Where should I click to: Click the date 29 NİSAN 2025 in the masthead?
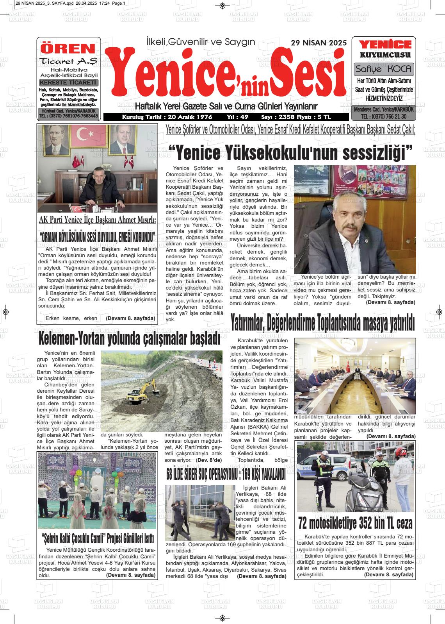pos(319,43)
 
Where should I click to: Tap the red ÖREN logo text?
pos(68,48)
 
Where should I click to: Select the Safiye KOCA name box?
pos(384,69)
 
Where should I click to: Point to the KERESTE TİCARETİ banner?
pos(69,82)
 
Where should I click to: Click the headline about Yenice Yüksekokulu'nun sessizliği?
pos(290,153)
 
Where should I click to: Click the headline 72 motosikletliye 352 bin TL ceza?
pos(355,522)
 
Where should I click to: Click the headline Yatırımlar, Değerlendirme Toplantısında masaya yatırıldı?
pos(322,323)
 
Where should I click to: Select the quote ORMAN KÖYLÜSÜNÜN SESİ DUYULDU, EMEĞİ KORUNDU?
pos(97,236)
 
